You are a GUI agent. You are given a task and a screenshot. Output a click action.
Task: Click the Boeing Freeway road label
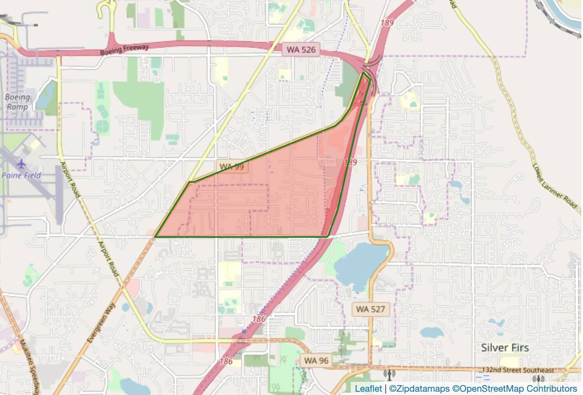(124, 50)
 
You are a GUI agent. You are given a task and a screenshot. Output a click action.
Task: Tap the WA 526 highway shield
(301, 50)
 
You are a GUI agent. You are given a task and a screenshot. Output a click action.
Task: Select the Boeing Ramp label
(17, 102)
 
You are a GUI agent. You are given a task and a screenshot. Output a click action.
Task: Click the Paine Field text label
(21, 175)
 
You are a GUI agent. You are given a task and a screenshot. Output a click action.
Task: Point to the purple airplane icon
(21, 164)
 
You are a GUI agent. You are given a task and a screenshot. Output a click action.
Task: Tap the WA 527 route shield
(370, 309)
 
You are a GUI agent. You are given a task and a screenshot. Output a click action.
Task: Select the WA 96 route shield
(316, 361)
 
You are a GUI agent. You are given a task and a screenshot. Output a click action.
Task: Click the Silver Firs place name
(505, 348)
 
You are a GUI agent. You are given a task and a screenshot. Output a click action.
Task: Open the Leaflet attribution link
(368, 388)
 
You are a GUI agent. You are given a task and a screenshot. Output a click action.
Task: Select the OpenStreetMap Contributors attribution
(515, 388)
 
